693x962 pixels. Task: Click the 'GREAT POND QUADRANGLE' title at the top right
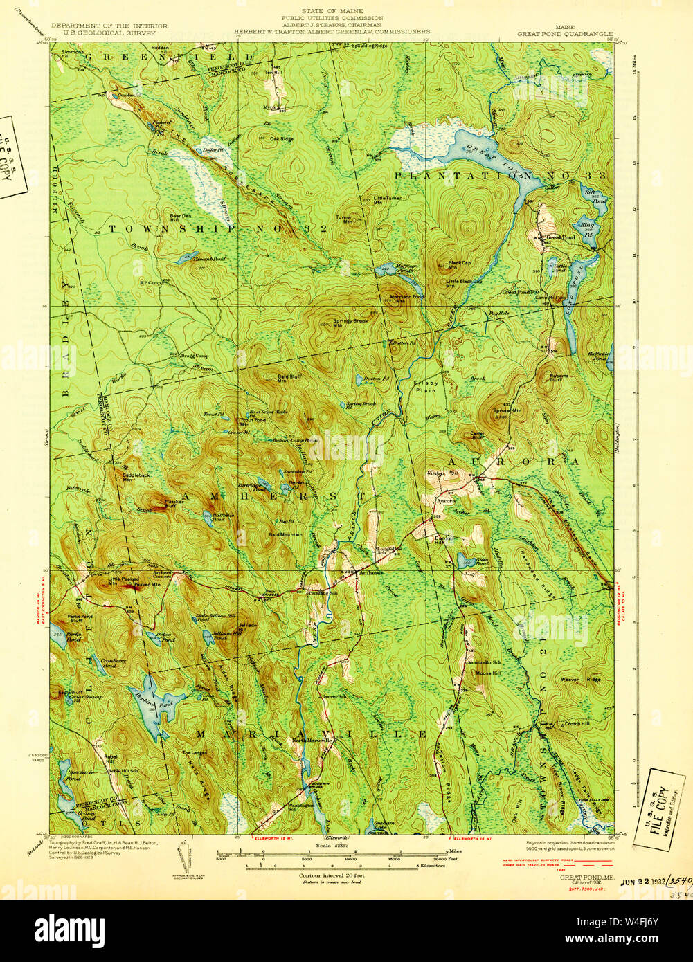point(565,32)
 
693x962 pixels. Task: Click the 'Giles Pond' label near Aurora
point(482,561)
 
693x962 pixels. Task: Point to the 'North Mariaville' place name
point(312,740)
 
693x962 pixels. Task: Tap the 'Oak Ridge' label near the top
point(282,139)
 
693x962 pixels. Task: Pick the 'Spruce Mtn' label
point(507,410)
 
